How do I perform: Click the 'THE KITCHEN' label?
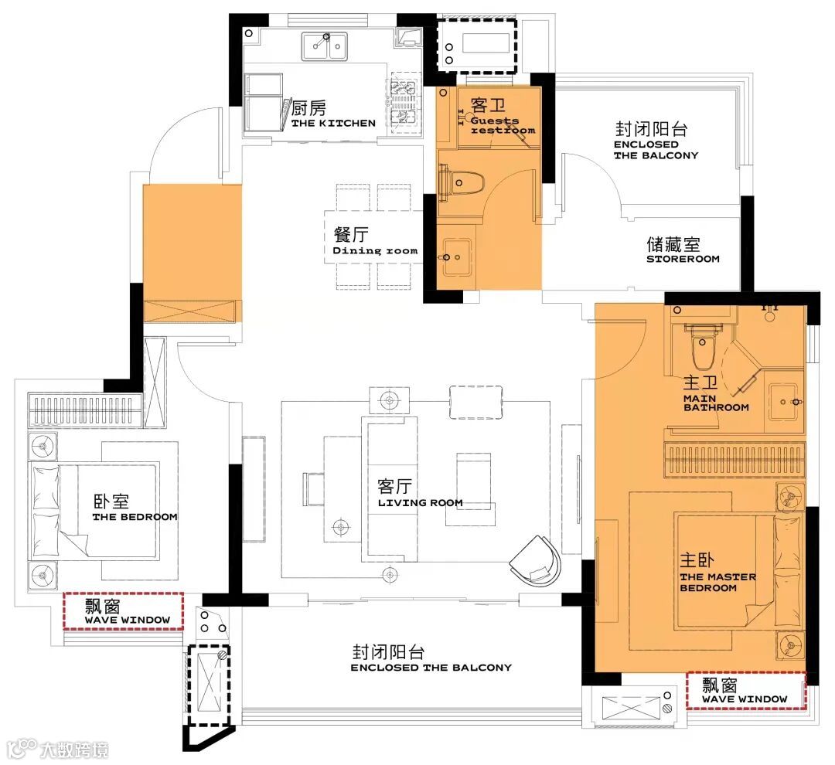point(333,123)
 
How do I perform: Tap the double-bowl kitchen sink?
point(324,46)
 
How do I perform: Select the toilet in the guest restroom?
point(461,182)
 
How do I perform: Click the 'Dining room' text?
point(376,250)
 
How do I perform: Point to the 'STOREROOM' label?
point(683,260)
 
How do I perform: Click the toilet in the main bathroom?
point(703,346)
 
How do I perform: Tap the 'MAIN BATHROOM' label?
point(716,403)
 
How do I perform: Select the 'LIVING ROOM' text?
point(420,502)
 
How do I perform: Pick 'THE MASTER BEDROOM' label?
point(717,583)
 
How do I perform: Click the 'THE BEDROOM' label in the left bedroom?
point(135,517)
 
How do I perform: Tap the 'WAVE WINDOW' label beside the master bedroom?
point(745,699)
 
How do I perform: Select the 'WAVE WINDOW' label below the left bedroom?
point(128,620)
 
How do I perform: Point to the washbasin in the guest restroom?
point(457,257)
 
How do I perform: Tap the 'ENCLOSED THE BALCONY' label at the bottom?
point(431,668)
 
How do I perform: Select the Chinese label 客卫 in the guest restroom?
point(488,105)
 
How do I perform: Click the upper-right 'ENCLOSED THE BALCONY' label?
point(656,150)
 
